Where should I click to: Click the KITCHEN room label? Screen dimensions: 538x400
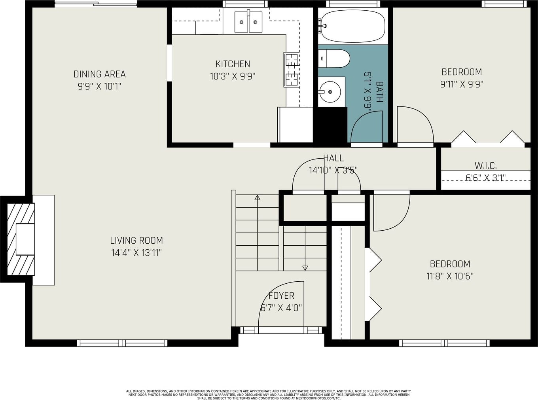point(233,64)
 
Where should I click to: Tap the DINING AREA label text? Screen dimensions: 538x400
point(99,74)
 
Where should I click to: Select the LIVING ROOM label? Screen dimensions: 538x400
point(136,241)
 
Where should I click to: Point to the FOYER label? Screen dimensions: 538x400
point(281,296)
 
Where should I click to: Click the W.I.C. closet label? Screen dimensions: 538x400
point(486,166)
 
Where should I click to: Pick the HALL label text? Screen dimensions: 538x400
point(333,158)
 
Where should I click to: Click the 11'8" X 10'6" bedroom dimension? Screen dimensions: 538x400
point(450,276)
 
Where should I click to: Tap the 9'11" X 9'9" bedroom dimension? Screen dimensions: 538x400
point(462,84)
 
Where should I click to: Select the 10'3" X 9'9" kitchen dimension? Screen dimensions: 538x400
point(233,76)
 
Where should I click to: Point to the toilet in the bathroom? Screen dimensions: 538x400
point(334,59)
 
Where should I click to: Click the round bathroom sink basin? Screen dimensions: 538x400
point(330,92)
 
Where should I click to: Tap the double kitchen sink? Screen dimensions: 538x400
point(248,22)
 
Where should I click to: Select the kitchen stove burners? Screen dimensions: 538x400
point(292,70)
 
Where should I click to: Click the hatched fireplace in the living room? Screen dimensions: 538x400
point(21,239)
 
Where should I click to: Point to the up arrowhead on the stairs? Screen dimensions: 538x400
point(258,197)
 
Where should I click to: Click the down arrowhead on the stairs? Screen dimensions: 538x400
point(305,268)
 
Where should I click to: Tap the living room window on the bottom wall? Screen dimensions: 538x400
point(122,343)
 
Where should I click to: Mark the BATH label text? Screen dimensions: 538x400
point(380,92)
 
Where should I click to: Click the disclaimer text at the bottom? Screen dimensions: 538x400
point(269,395)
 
